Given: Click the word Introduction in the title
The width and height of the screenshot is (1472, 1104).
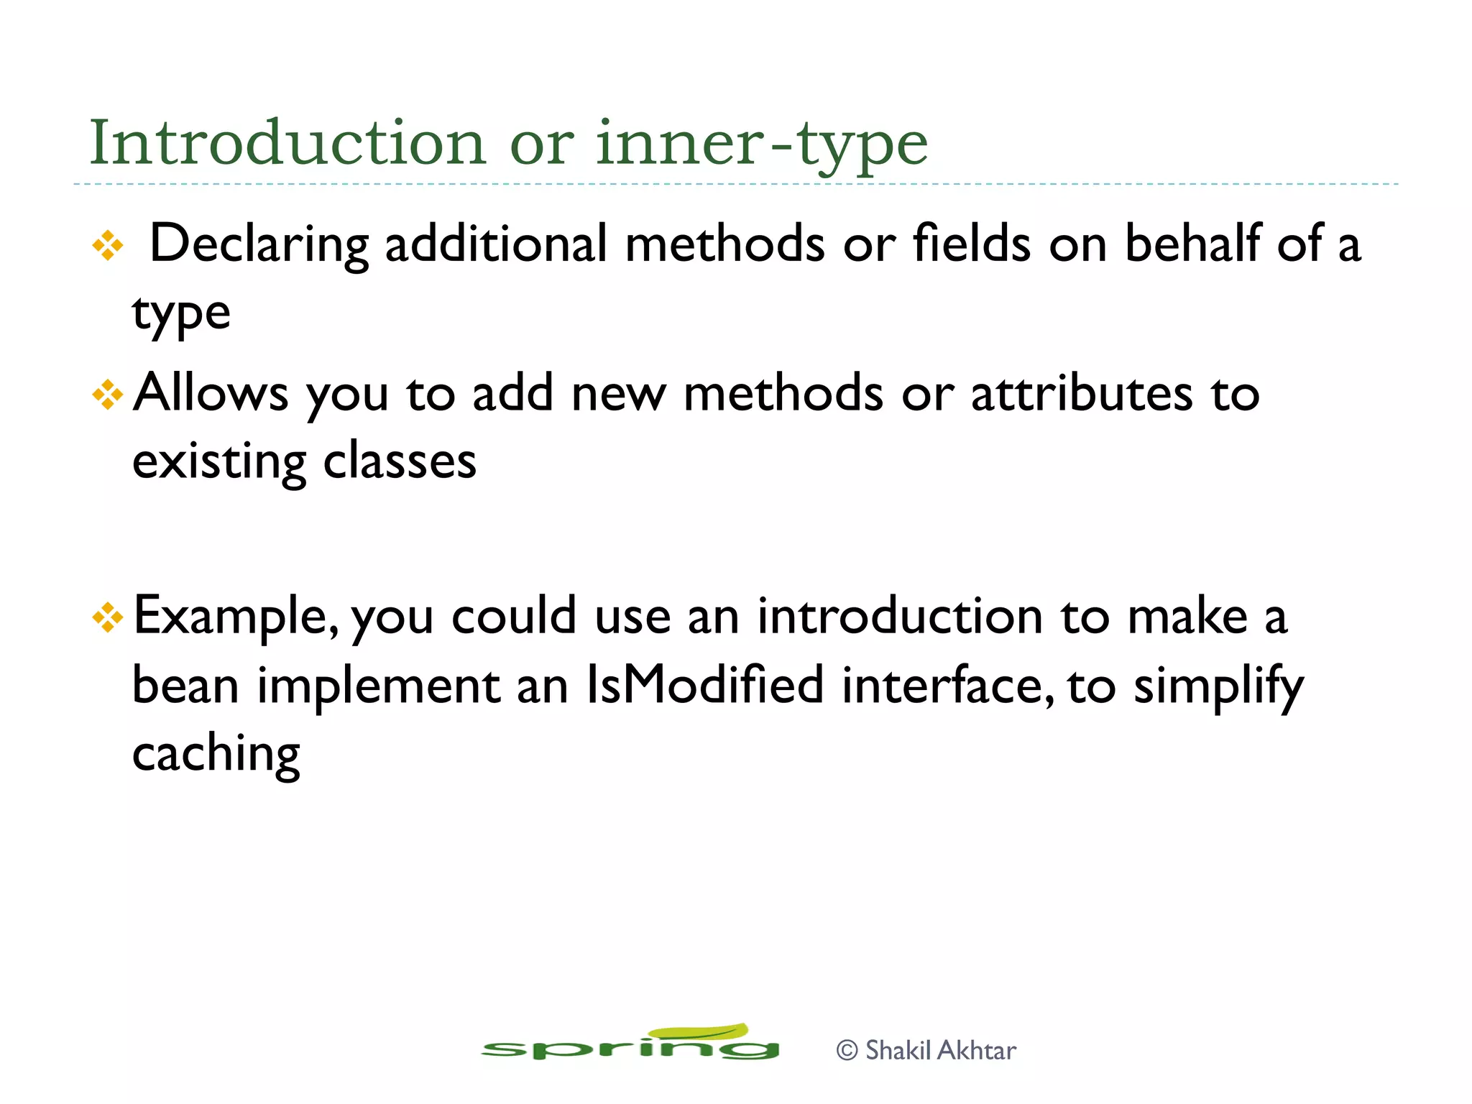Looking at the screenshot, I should (x=287, y=144).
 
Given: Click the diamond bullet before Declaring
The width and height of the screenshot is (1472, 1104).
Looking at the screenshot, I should (x=108, y=246).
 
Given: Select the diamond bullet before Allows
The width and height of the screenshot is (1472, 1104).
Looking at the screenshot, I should (x=108, y=395).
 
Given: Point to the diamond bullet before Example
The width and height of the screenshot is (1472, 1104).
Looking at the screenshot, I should (x=108, y=617).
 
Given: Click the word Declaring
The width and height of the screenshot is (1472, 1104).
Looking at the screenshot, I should (x=259, y=244).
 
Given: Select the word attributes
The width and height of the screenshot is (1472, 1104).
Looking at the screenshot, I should (x=1082, y=394).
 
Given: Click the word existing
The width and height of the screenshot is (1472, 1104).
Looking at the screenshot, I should (x=219, y=462).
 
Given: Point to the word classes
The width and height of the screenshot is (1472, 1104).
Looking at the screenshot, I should (x=400, y=461).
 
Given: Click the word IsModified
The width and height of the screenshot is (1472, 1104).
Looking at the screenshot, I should (x=704, y=685).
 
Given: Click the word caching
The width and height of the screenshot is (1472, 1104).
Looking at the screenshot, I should (x=216, y=754).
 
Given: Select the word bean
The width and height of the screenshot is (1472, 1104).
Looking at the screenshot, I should (x=185, y=685).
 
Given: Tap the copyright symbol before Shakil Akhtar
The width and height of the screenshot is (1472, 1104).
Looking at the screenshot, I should (x=847, y=1051).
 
